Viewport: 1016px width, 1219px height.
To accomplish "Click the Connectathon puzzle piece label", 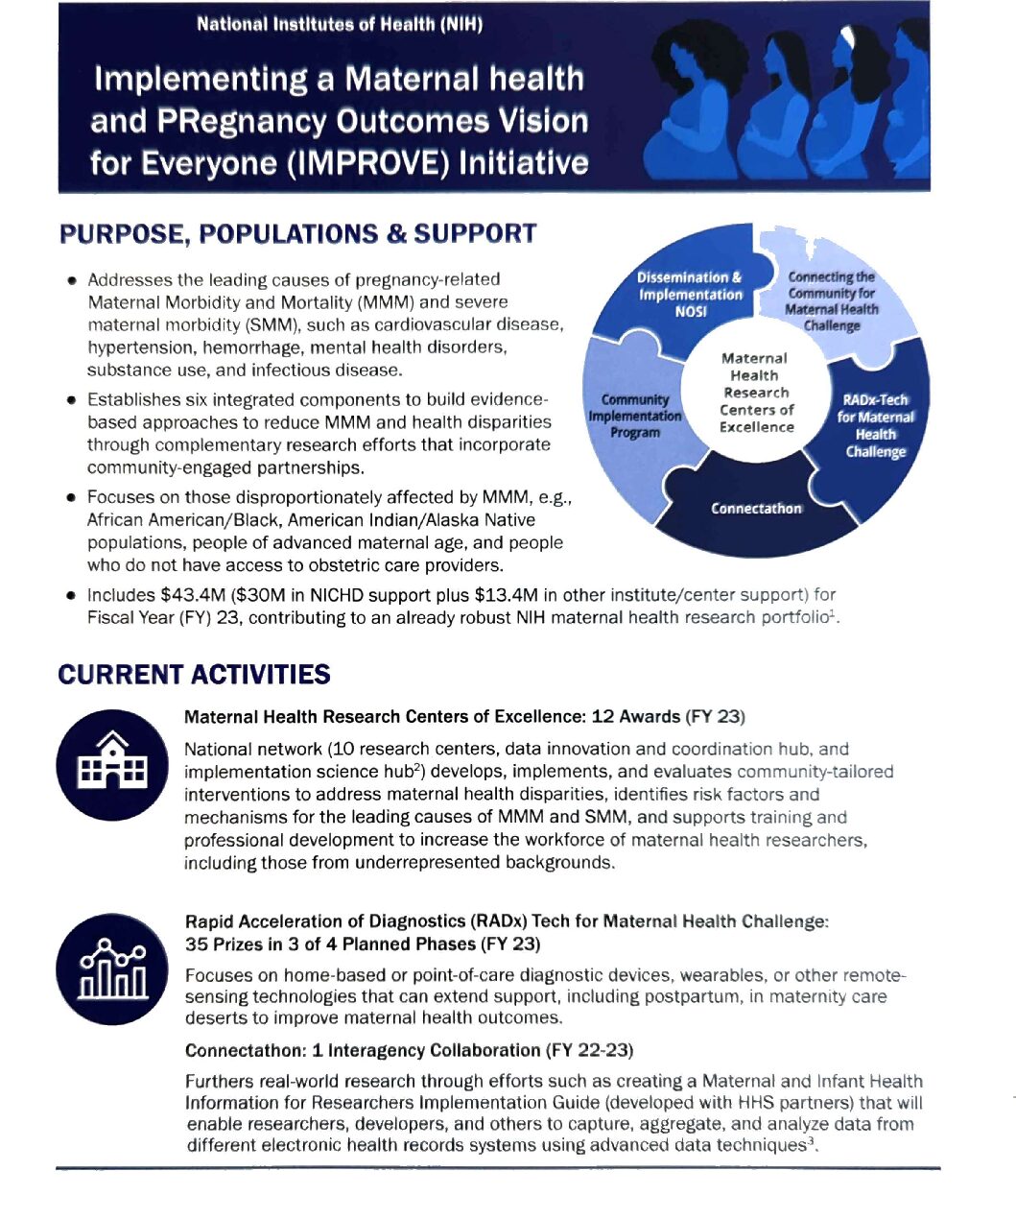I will point(756,509).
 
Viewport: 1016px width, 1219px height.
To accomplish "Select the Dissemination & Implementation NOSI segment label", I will point(691,294).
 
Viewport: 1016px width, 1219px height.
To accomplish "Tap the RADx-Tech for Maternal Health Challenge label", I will point(874,425).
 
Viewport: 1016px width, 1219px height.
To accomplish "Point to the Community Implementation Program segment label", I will point(634,416).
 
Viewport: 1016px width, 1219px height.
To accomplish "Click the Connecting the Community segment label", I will point(831,300).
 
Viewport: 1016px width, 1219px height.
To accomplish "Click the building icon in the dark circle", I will point(113,764).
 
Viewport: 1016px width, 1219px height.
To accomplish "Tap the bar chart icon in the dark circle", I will point(113,968).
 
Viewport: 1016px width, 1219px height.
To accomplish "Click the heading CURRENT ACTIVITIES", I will point(194,675).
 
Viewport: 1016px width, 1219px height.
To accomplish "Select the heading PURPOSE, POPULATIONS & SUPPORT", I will point(297,234).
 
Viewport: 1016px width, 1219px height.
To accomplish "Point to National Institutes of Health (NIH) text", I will point(339,24).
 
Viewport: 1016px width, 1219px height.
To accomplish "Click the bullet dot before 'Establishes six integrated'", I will point(72,400).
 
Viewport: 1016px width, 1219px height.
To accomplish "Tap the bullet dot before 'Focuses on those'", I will point(72,498).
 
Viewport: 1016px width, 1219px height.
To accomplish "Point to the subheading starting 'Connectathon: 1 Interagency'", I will point(409,1050).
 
